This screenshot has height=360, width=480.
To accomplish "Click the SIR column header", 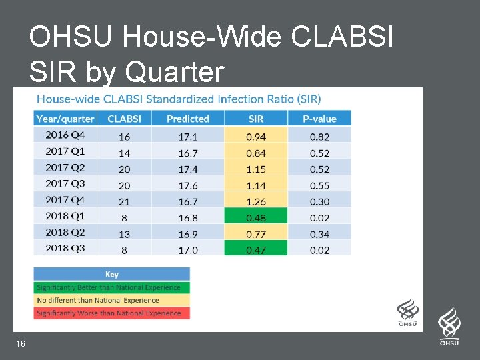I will click(255, 119).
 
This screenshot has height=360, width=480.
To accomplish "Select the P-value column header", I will click(319, 119).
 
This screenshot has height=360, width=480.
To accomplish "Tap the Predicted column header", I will click(187, 119).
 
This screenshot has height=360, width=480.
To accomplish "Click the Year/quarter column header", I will click(65, 119).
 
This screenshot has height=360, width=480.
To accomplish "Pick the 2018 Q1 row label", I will click(65, 216).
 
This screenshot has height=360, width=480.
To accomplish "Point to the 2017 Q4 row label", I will click(65, 200).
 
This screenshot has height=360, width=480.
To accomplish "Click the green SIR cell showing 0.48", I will click(255, 217).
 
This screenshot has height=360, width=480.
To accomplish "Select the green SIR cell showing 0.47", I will click(255, 249).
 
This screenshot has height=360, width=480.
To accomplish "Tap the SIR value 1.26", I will click(255, 201).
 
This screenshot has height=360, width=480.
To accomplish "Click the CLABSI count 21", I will click(124, 201).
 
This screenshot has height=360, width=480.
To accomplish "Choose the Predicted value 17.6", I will click(187, 185).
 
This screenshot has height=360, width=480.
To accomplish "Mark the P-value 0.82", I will click(319, 137).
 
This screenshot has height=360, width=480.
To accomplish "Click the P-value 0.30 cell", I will click(319, 201).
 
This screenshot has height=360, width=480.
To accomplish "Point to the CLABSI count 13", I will click(124, 233).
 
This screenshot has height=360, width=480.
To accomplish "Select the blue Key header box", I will click(111, 274).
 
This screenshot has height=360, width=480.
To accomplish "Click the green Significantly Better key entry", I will click(111, 287).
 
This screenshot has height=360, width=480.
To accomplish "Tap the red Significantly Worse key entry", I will click(111, 313).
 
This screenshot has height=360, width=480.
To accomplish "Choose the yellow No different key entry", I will click(111, 300).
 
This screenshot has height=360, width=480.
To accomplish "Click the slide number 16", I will click(21, 343).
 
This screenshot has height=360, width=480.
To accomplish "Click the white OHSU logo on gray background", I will click(449, 327).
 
